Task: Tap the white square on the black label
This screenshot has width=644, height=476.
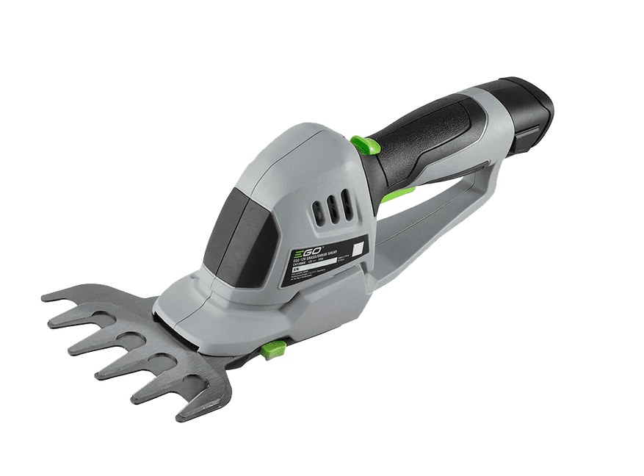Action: click(x=358, y=248)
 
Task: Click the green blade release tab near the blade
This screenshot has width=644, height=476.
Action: click(x=272, y=350)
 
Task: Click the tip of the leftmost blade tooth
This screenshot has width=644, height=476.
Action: click(x=46, y=297)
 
